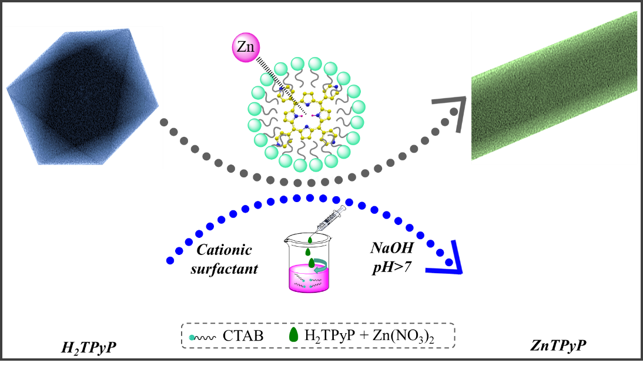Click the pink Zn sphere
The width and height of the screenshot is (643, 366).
pyautogui.click(x=246, y=47)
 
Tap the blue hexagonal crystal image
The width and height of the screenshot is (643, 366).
pyautogui.click(x=83, y=98)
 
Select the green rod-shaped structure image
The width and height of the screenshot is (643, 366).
pyautogui.click(x=554, y=88)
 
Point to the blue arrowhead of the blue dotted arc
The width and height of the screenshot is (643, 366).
pyautogui.click(x=450, y=264)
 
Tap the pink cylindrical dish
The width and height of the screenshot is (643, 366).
pyautogui.click(x=309, y=278)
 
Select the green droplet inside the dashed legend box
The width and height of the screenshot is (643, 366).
pyautogui.click(x=294, y=335)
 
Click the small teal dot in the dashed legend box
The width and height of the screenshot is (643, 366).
pyautogui.click(x=192, y=337)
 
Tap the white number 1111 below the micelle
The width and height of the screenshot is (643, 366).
pyautogui.click(x=321, y=182)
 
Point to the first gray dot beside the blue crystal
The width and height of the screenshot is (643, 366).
pyautogui.click(x=164, y=122)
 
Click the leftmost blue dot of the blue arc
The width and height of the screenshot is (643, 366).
pyautogui.click(x=170, y=260)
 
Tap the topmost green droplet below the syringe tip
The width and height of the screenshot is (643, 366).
pyautogui.click(x=310, y=240)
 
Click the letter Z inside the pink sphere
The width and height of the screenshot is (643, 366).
pyautogui.click(x=241, y=47)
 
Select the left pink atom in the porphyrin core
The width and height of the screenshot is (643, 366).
pyautogui.click(x=301, y=116)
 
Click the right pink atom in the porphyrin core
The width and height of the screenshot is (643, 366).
pyautogui.click(x=313, y=116)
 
